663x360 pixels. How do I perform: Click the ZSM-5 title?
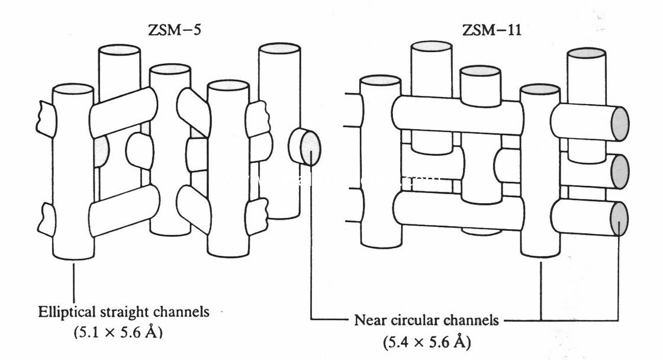[x=175, y=30]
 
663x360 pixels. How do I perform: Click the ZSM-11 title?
[x=493, y=30]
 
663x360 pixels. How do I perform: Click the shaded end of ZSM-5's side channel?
[x=310, y=147]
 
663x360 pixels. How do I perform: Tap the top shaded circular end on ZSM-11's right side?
[x=620, y=123]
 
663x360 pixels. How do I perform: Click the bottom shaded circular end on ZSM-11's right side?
[x=619, y=218]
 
